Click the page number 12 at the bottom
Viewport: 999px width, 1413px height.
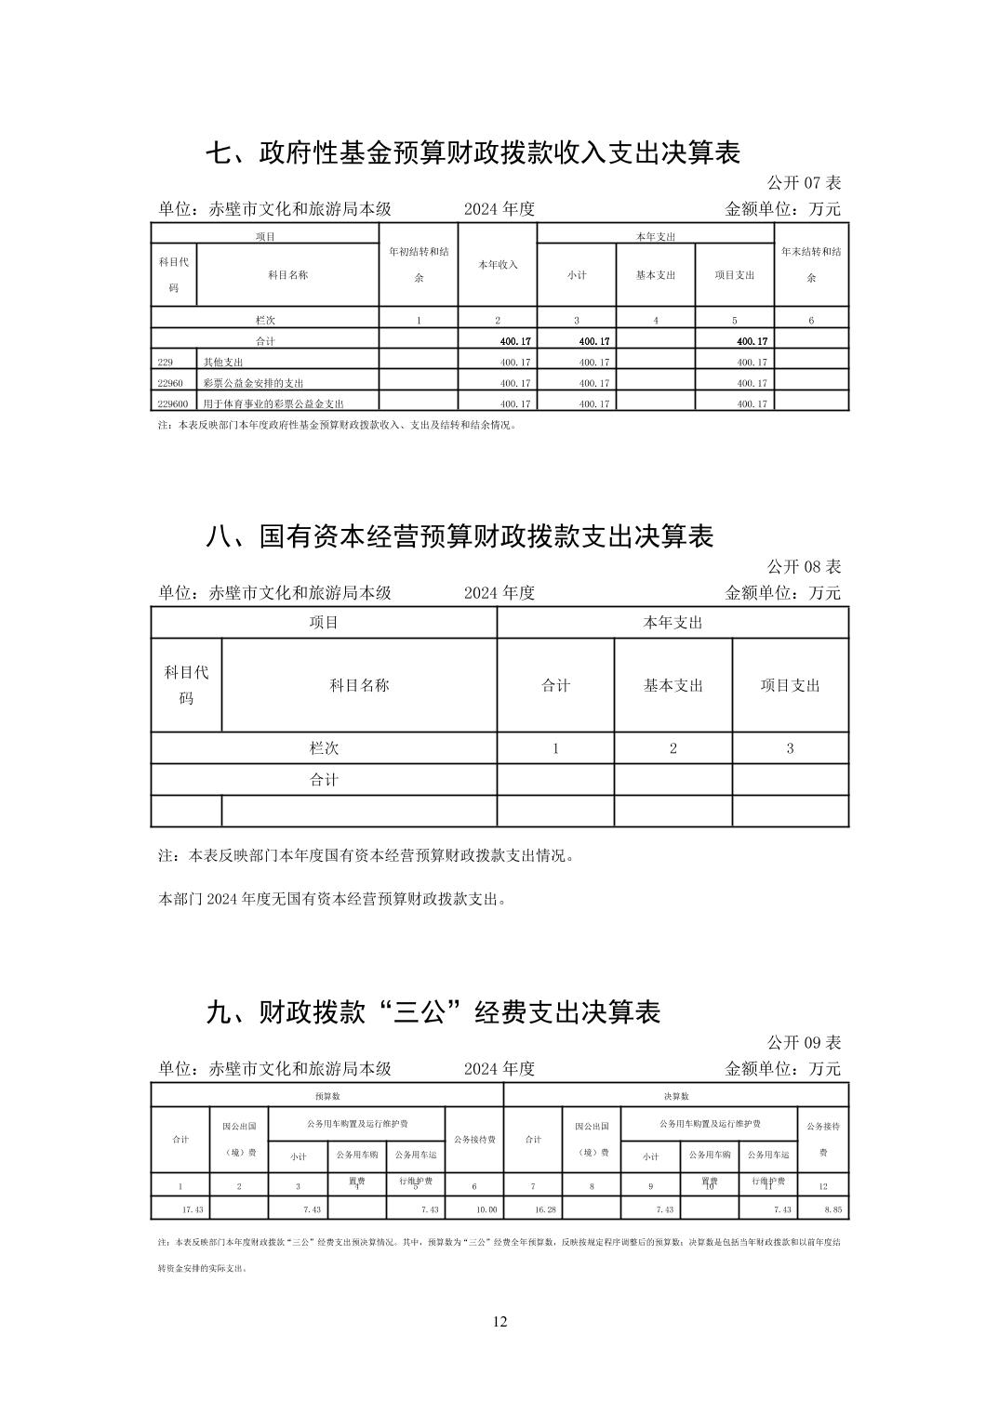tap(499, 1322)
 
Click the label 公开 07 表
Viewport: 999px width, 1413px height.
tap(803, 183)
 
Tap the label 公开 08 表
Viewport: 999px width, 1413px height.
tap(803, 566)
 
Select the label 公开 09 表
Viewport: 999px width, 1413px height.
tap(803, 1042)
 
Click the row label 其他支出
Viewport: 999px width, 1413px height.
tap(223, 363)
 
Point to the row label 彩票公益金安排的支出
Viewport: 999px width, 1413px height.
tap(253, 383)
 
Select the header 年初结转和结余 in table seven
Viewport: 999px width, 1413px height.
tap(419, 264)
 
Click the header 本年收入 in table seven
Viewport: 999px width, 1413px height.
tap(498, 265)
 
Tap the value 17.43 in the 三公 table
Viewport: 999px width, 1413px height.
tap(193, 1209)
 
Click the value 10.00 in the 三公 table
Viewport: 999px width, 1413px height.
tap(486, 1209)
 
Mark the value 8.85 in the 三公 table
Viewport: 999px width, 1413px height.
tap(832, 1209)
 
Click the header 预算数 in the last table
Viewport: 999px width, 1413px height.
tap(326, 1096)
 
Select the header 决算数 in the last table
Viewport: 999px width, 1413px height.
tap(676, 1096)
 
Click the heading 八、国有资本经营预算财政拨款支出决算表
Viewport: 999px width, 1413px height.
tap(459, 536)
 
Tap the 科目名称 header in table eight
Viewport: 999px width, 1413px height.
tap(359, 685)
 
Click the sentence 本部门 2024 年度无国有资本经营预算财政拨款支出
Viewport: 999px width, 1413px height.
tap(332, 899)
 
